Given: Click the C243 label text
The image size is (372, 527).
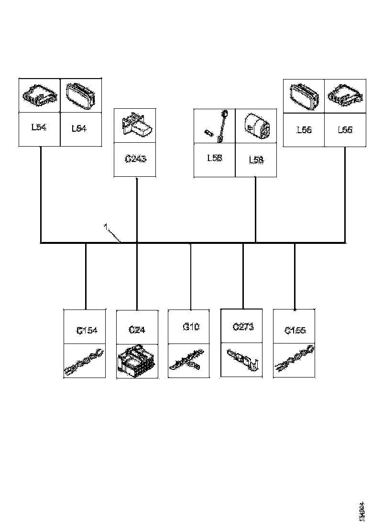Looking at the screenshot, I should click(x=135, y=158).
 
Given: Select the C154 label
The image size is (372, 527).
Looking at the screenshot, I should click(x=87, y=330).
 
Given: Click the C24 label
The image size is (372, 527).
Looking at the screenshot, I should click(x=137, y=330).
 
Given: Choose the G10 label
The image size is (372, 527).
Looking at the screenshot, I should click(x=191, y=327).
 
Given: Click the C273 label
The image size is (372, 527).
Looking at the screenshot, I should click(x=243, y=327).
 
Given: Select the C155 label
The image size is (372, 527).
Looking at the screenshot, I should click(x=295, y=330).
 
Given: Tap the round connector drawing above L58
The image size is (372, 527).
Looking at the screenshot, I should click(x=256, y=126).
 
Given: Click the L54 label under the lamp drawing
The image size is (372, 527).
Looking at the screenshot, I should click(x=79, y=128).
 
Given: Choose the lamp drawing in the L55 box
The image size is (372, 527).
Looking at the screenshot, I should click(x=304, y=95).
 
